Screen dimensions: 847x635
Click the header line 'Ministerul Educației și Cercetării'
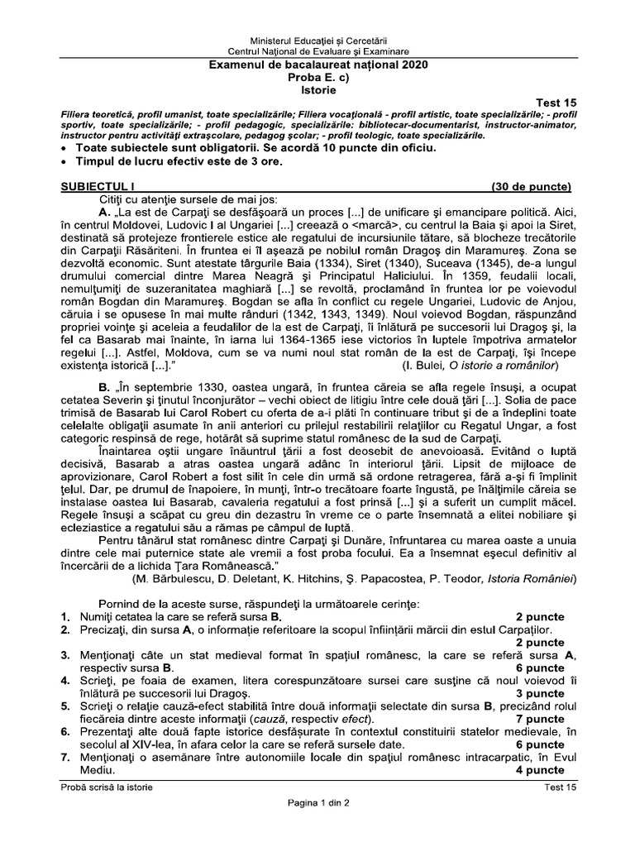(317, 41)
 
